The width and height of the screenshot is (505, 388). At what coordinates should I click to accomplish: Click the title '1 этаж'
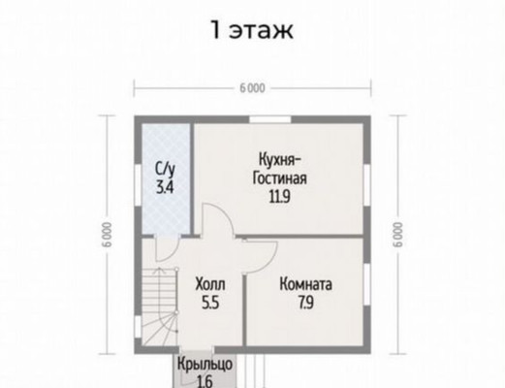click(x=252, y=30)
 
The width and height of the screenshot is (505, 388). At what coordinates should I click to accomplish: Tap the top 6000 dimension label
click(x=252, y=88)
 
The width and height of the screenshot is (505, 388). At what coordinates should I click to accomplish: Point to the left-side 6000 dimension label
click(x=108, y=235)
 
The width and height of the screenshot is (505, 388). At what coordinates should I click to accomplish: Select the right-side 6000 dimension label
click(x=397, y=235)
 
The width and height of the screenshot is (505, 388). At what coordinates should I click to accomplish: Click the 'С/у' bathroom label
click(x=165, y=169)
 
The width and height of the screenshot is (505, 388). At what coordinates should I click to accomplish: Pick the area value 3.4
click(x=165, y=187)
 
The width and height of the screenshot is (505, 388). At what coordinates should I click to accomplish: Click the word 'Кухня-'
click(x=280, y=160)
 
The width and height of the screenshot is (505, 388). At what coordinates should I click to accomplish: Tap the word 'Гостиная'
click(x=280, y=178)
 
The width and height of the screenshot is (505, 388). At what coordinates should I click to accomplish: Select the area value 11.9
click(x=280, y=197)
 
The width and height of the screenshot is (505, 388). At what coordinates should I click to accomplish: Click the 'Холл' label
click(x=210, y=284)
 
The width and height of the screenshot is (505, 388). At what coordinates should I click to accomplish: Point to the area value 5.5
click(x=210, y=303)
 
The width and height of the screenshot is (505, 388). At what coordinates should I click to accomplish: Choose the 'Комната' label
click(x=305, y=284)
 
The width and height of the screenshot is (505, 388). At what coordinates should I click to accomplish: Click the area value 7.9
click(x=305, y=303)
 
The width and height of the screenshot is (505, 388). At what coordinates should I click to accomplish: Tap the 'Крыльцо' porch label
click(x=205, y=364)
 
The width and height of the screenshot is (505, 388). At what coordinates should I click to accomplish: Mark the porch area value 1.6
click(x=205, y=382)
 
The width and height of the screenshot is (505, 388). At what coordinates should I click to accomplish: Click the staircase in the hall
click(x=160, y=307)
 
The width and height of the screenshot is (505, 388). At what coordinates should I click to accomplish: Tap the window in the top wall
click(x=270, y=119)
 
